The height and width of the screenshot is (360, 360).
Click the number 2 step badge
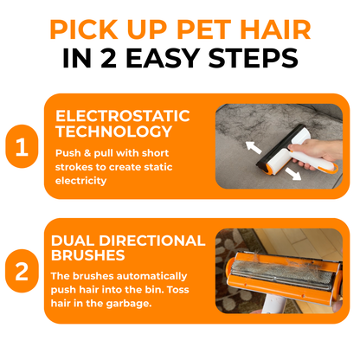coord(22,274)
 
